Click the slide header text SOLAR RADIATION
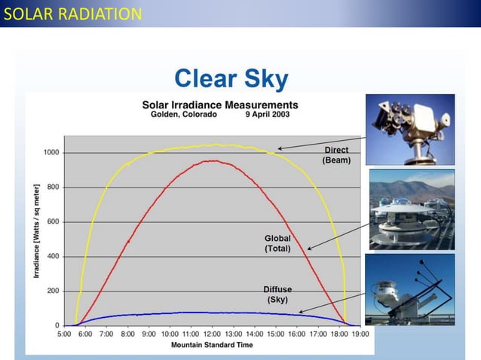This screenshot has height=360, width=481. [72, 14]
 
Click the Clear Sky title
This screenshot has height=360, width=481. [231, 78]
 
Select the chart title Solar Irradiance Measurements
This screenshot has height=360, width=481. [220, 105]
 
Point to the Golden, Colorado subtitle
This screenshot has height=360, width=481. [184, 114]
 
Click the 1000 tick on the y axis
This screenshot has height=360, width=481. [51, 152]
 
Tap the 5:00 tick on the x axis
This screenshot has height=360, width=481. [65, 332]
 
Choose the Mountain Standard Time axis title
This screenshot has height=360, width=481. [212, 344]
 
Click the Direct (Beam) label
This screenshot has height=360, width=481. [336, 155]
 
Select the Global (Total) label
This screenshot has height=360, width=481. [277, 243]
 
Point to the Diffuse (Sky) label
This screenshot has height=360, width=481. [277, 294]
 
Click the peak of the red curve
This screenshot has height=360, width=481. [214, 160]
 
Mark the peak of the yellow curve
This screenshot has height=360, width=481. [216, 144]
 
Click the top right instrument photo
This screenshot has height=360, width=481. [411, 129]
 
